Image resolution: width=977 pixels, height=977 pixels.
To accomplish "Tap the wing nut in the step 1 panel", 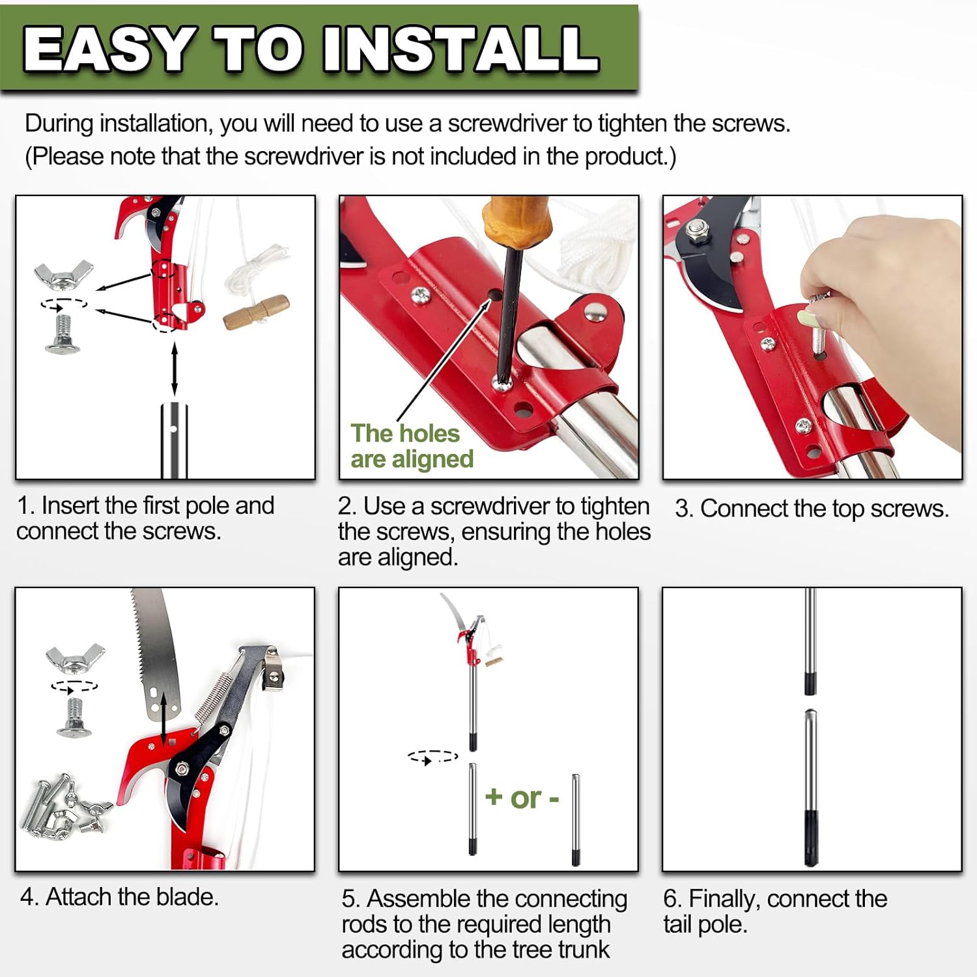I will [x=63, y=274].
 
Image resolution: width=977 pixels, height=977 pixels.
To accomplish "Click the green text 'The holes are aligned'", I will [x=412, y=446].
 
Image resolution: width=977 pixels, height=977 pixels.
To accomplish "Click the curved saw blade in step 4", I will [x=153, y=651].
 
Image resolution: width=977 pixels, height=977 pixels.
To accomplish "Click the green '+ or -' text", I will [x=522, y=798].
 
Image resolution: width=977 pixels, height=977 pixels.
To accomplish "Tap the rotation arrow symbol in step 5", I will [x=432, y=758].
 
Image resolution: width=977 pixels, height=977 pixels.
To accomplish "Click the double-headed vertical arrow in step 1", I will [x=174, y=369].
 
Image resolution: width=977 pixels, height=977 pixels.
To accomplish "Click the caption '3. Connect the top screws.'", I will [x=812, y=509].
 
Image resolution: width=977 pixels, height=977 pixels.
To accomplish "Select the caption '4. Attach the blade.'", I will [x=119, y=898].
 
